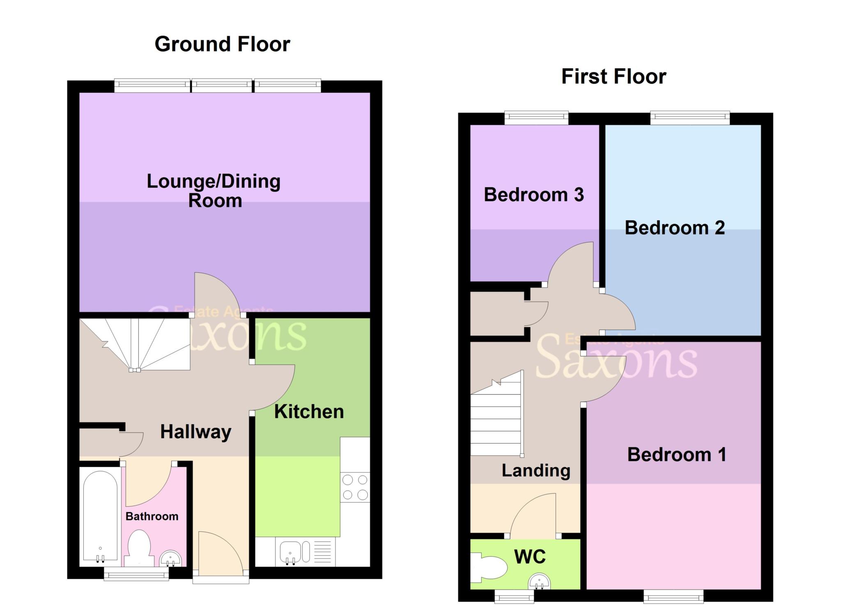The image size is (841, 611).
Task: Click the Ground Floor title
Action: click(x=222, y=44)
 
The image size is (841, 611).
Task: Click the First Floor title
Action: click(x=614, y=77)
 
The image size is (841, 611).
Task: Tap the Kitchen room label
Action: click(x=309, y=412)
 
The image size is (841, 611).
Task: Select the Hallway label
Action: click(x=196, y=432)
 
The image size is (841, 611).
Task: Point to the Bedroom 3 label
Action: click(x=534, y=195)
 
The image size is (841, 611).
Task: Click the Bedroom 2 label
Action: click(x=675, y=228)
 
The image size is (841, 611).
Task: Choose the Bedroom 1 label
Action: click(x=677, y=455)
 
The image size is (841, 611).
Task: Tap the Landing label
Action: click(x=536, y=471)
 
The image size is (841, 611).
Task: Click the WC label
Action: click(x=530, y=557)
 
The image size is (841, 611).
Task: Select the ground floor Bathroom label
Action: click(x=152, y=516)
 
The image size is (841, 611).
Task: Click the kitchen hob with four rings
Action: click(x=355, y=487)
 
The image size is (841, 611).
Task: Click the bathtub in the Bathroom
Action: click(x=100, y=517)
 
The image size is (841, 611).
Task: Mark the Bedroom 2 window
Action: click(x=690, y=118)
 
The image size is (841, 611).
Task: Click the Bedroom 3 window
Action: click(x=536, y=118)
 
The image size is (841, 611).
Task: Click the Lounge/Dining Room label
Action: click(x=214, y=191)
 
